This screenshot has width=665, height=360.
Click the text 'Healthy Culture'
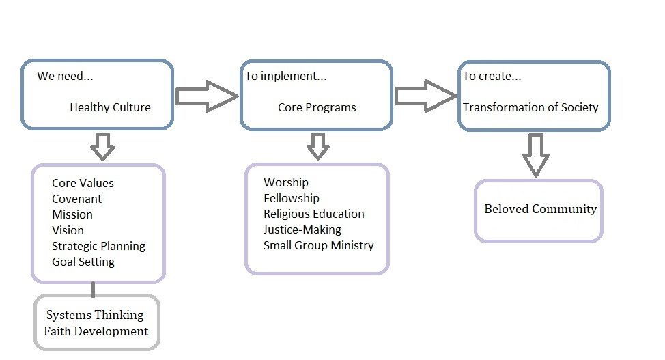click(110, 107)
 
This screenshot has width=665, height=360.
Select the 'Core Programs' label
click(317, 107)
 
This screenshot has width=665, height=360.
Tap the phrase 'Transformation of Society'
click(530, 107)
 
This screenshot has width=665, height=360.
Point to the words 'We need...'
click(65, 76)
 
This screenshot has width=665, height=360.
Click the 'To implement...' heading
click(285, 76)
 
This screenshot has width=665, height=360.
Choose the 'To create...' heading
click(492, 76)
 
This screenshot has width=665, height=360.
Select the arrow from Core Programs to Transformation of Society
click(425, 96)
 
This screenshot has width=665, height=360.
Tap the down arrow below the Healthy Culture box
click(102, 146)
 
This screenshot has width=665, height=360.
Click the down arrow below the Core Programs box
click(317, 146)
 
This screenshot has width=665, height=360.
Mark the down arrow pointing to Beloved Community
click(536, 155)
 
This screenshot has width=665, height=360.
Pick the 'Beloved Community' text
click(540, 209)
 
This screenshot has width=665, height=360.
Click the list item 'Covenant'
click(76, 199)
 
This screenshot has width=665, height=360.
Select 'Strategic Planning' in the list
click(98, 246)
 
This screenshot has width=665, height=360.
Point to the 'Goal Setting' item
click(83, 262)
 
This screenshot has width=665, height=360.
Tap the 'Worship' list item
click(285, 182)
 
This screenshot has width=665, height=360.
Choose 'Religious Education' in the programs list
click(313, 214)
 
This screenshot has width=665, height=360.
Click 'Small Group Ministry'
click(318, 245)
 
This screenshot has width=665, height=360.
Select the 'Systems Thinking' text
click(95, 315)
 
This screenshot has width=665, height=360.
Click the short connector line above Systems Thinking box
click(94, 290)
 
